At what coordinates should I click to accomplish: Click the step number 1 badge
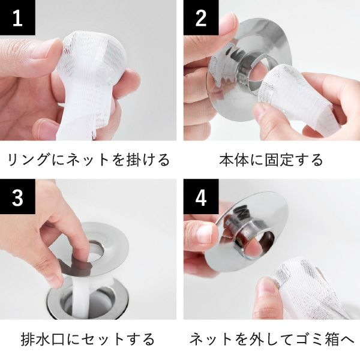click(x=17, y=18)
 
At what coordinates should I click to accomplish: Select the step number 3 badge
click(x=17, y=197)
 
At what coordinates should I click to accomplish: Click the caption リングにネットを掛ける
click(x=88, y=160)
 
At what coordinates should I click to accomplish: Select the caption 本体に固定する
click(x=271, y=160)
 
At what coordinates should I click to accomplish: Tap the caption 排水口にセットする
click(x=88, y=339)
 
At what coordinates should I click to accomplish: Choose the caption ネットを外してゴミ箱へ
click(x=271, y=339)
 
